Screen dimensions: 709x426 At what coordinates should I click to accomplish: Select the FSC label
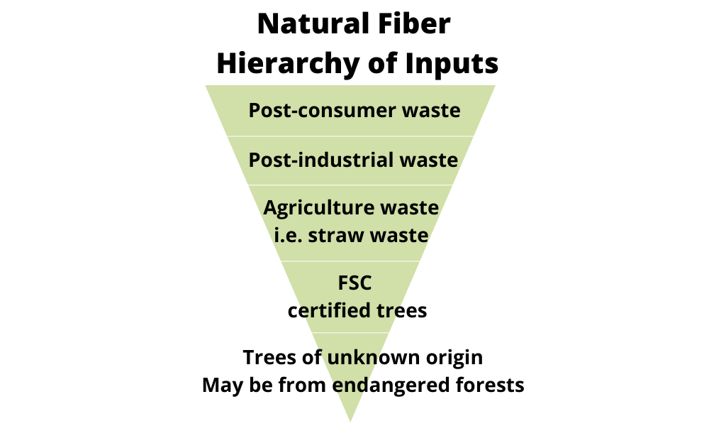(355, 283)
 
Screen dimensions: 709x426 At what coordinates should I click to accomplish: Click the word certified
(323, 310)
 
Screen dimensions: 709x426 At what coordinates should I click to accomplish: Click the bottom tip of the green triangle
(350, 422)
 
